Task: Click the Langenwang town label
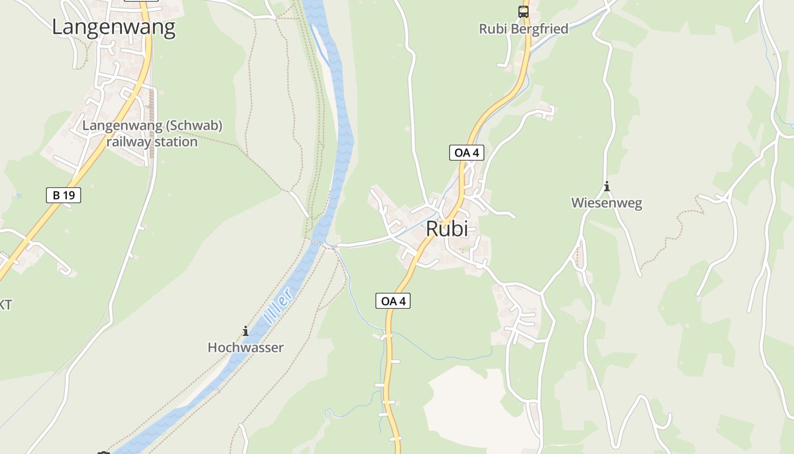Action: point(113,27)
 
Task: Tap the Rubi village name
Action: point(447,229)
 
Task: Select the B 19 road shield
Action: point(64,195)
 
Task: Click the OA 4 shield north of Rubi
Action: point(467,152)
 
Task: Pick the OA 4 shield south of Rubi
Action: point(393,301)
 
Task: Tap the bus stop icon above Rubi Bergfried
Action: point(523,11)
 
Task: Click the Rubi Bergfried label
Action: point(523,29)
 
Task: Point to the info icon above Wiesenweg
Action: point(607,186)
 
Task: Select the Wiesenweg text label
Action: point(606,203)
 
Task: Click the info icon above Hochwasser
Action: point(246,330)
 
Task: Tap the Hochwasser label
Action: point(246,347)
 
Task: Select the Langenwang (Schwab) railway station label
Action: point(152,133)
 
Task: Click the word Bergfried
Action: point(539,29)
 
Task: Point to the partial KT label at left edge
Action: point(5,305)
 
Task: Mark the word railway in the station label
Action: point(129,142)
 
